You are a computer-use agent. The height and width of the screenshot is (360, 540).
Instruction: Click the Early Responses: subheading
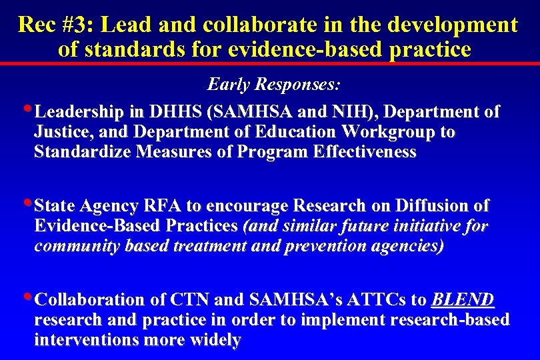click(x=274, y=85)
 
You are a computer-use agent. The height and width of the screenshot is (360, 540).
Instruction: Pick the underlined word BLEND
click(x=463, y=299)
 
